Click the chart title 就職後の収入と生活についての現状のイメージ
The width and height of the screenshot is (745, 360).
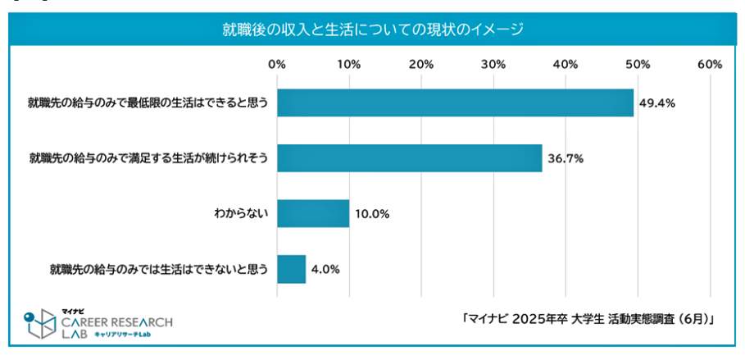(x=373, y=30)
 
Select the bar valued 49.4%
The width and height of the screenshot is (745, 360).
(x=455, y=103)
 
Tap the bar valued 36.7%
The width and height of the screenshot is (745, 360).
(x=409, y=158)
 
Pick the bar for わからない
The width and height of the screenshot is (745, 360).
(x=313, y=214)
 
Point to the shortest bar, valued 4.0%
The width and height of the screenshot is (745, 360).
(x=291, y=269)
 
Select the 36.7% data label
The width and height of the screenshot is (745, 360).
(x=566, y=159)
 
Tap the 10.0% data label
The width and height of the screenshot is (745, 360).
(x=373, y=214)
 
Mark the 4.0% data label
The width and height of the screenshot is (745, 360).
(x=325, y=269)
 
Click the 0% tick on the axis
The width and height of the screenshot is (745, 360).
(x=277, y=65)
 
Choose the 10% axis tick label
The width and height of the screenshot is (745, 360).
(x=349, y=65)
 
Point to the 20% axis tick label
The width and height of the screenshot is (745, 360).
(x=421, y=65)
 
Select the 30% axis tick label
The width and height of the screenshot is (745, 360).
(x=493, y=65)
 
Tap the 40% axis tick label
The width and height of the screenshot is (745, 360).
(x=566, y=65)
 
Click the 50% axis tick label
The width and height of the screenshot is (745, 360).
(x=638, y=65)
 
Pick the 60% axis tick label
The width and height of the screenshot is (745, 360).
(x=709, y=65)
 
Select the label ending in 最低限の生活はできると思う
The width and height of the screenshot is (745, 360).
(x=148, y=104)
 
